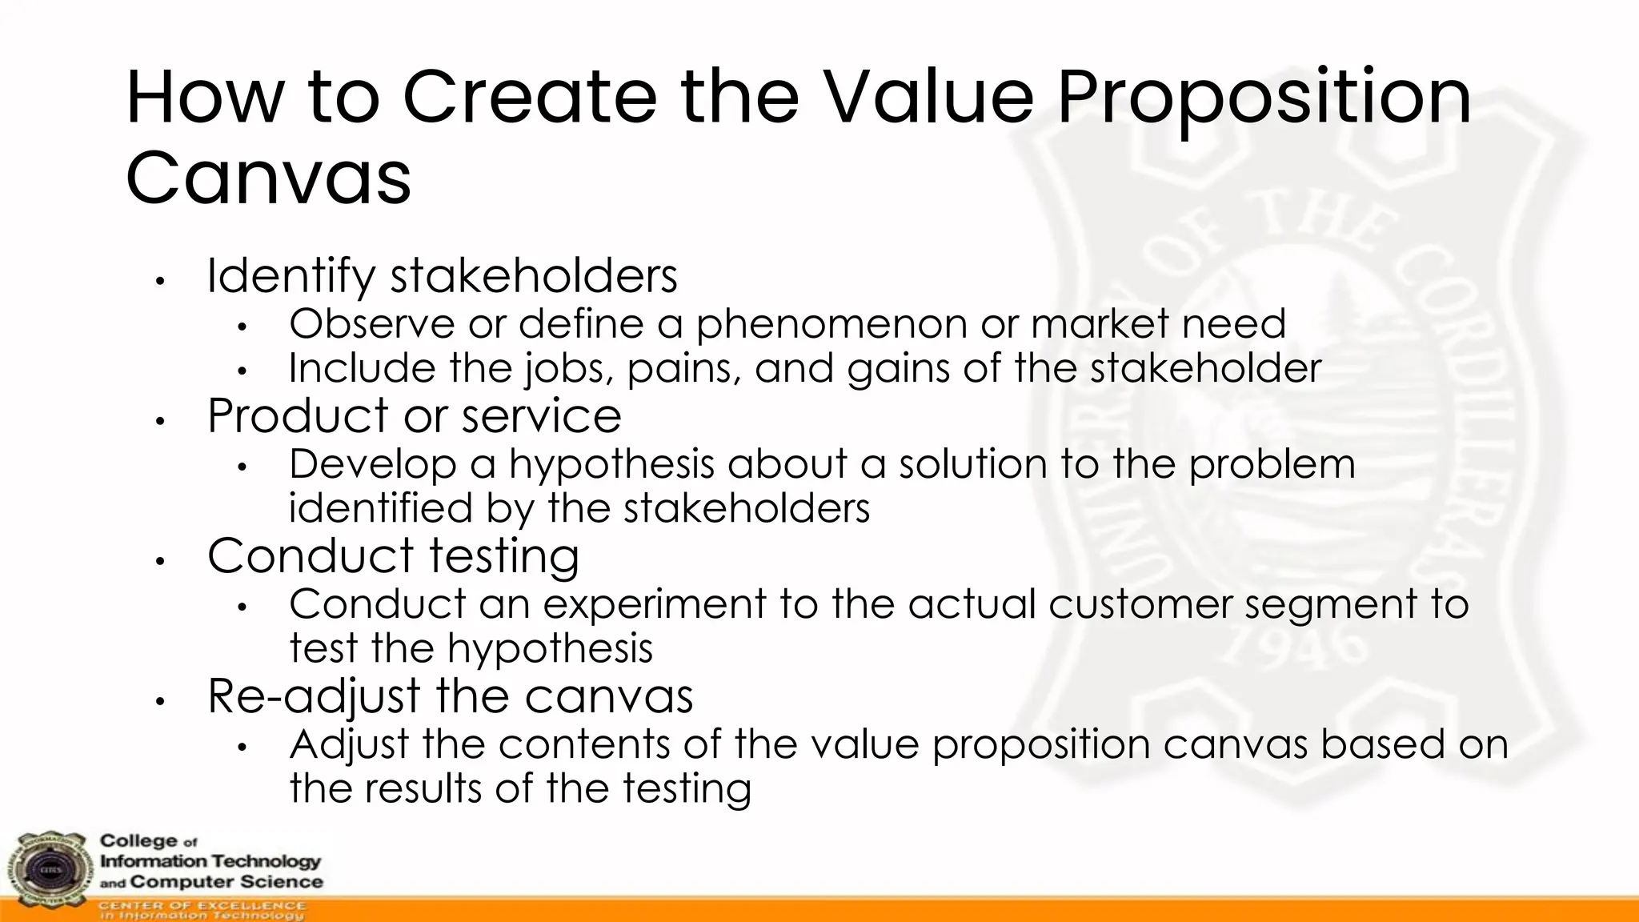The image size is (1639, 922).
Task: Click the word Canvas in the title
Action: point(268,178)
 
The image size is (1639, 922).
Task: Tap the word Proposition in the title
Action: point(1264,98)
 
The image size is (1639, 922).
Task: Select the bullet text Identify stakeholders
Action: point(442,276)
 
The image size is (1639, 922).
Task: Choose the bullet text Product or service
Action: point(414,416)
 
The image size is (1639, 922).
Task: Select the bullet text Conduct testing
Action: point(393,556)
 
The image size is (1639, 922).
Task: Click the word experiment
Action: point(655,604)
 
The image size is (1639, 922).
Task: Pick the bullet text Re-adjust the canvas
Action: point(450,696)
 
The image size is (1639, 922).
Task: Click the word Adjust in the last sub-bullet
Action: point(349,745)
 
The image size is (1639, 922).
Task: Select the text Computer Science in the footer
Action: point(226,882)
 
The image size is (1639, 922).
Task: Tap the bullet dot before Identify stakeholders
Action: point(160,282)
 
